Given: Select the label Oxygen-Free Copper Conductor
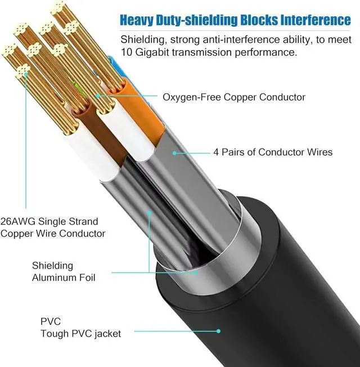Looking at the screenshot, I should pyautogui.click(x=234, y=97).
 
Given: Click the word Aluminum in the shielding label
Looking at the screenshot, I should pyautogui.click(x=55, y=278).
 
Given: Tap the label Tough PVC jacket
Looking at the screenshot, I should pyautogui.click(x=80, y=334).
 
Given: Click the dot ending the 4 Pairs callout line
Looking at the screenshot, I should pyautogui.click(x=174, y=152).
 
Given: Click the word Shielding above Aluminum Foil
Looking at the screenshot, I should pyautogui.click(x=52, y=266).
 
